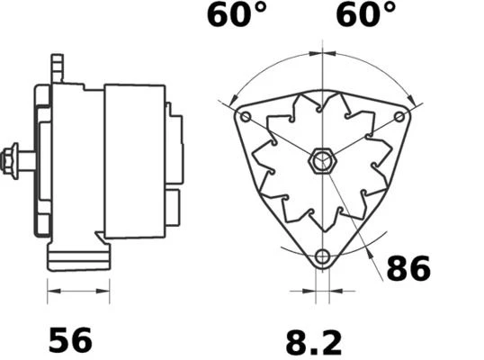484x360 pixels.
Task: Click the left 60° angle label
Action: [x=237, y=14]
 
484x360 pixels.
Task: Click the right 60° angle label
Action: [x=365, y=14]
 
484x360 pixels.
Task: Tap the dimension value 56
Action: [x=70, y=340]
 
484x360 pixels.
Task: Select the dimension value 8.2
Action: [x=314, y=343]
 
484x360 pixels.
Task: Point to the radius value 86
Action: [x=408, y=268]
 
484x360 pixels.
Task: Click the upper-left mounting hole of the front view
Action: [x=246, y=117]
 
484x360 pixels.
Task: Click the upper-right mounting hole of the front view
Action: [x=399, y=117]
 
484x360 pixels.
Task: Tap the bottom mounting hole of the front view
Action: [x=322, y=256]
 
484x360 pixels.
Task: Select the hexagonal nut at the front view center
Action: [x=322, y=161]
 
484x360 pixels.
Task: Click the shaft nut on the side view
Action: [x=10, y=161]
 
